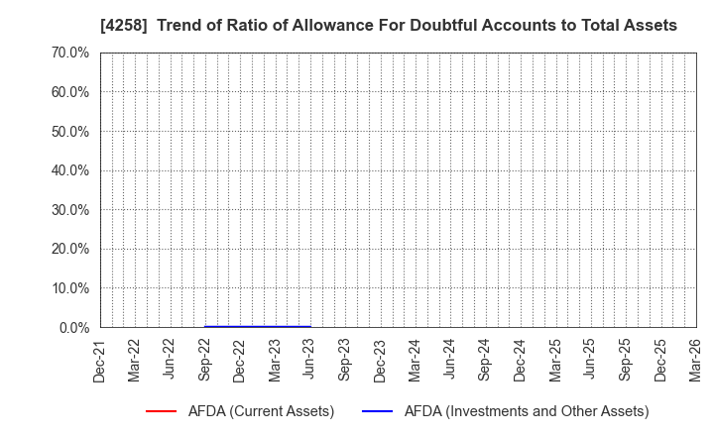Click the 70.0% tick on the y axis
(67, 53)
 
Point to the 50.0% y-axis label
(67, 131)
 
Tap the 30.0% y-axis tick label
(67, 210)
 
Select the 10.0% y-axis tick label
(67, 288)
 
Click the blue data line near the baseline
(258, 326)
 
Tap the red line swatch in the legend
(161, 411)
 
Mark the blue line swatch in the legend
(378, 411)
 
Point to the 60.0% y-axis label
(67, 92)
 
